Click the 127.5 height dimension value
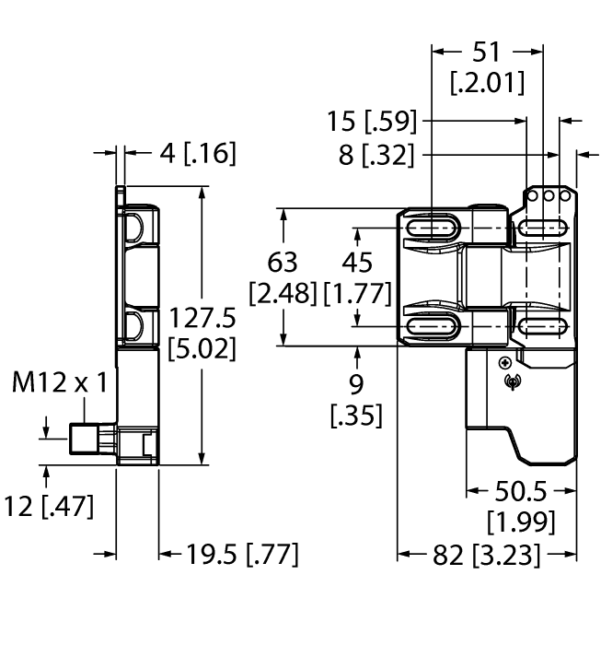pos(202,318)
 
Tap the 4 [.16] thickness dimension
pos(184,154)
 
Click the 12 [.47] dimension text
pos(47,506)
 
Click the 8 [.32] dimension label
pos(376,155)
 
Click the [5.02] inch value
pos(202,350)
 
